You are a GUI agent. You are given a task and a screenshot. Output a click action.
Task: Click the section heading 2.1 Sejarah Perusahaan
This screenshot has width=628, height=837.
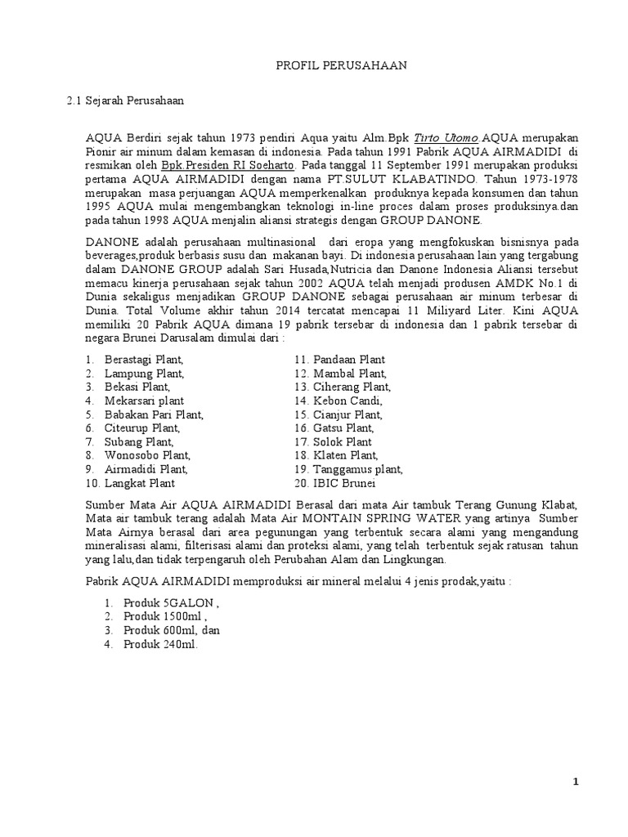[x=125, y=101]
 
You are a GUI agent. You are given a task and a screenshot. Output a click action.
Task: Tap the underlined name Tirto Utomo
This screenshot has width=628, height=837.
[x=446, y=138]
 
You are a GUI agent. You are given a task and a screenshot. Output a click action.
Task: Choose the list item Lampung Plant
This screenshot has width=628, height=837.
[x=144, y=374]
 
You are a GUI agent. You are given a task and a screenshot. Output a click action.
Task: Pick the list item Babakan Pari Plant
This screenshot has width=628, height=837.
[x=154, y=415]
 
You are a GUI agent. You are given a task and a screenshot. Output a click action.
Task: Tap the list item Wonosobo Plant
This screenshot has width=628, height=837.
[x=147, y=455]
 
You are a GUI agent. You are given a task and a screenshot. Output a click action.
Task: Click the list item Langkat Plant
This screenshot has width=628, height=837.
[x=140, y=483]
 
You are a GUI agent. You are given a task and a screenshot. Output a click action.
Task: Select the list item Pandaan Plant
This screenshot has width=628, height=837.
[x=347, y=360]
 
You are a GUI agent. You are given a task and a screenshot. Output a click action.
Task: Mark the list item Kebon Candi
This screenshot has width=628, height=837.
[x=346, y=401]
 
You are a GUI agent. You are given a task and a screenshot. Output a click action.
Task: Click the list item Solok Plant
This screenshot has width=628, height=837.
[x=342, y=441]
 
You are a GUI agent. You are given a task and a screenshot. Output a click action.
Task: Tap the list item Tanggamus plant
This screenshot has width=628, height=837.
[x=356, y=469]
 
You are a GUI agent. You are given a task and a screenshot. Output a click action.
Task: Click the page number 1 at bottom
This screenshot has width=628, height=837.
[x=576, y=781]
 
